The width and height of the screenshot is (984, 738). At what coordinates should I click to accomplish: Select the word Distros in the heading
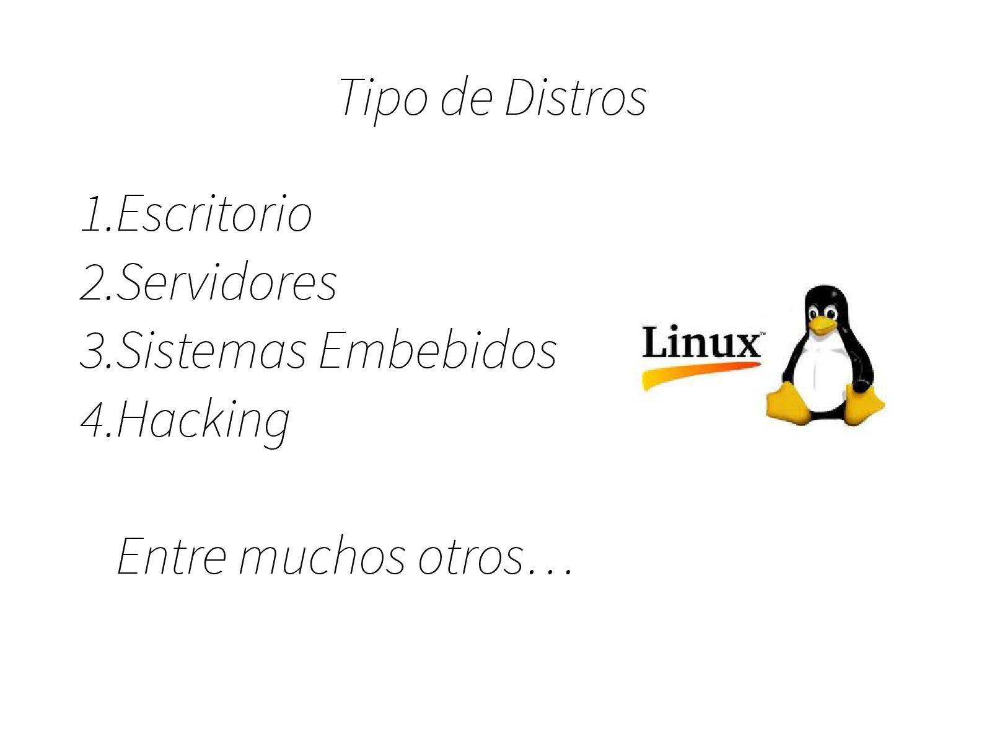575,98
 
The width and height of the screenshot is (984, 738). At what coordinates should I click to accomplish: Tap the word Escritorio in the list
214,215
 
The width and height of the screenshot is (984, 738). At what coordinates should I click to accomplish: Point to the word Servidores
226,283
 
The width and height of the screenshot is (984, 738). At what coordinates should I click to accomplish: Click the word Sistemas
211,351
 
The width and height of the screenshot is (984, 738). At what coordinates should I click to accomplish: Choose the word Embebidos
437,351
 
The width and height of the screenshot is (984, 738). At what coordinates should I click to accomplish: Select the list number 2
93,283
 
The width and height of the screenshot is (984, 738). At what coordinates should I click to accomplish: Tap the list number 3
93,351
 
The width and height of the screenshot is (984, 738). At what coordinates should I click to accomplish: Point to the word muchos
322,556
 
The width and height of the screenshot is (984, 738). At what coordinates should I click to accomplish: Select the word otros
471,556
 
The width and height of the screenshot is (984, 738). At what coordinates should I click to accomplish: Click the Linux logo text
701,343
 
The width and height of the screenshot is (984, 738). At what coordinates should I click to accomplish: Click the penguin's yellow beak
822,324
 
